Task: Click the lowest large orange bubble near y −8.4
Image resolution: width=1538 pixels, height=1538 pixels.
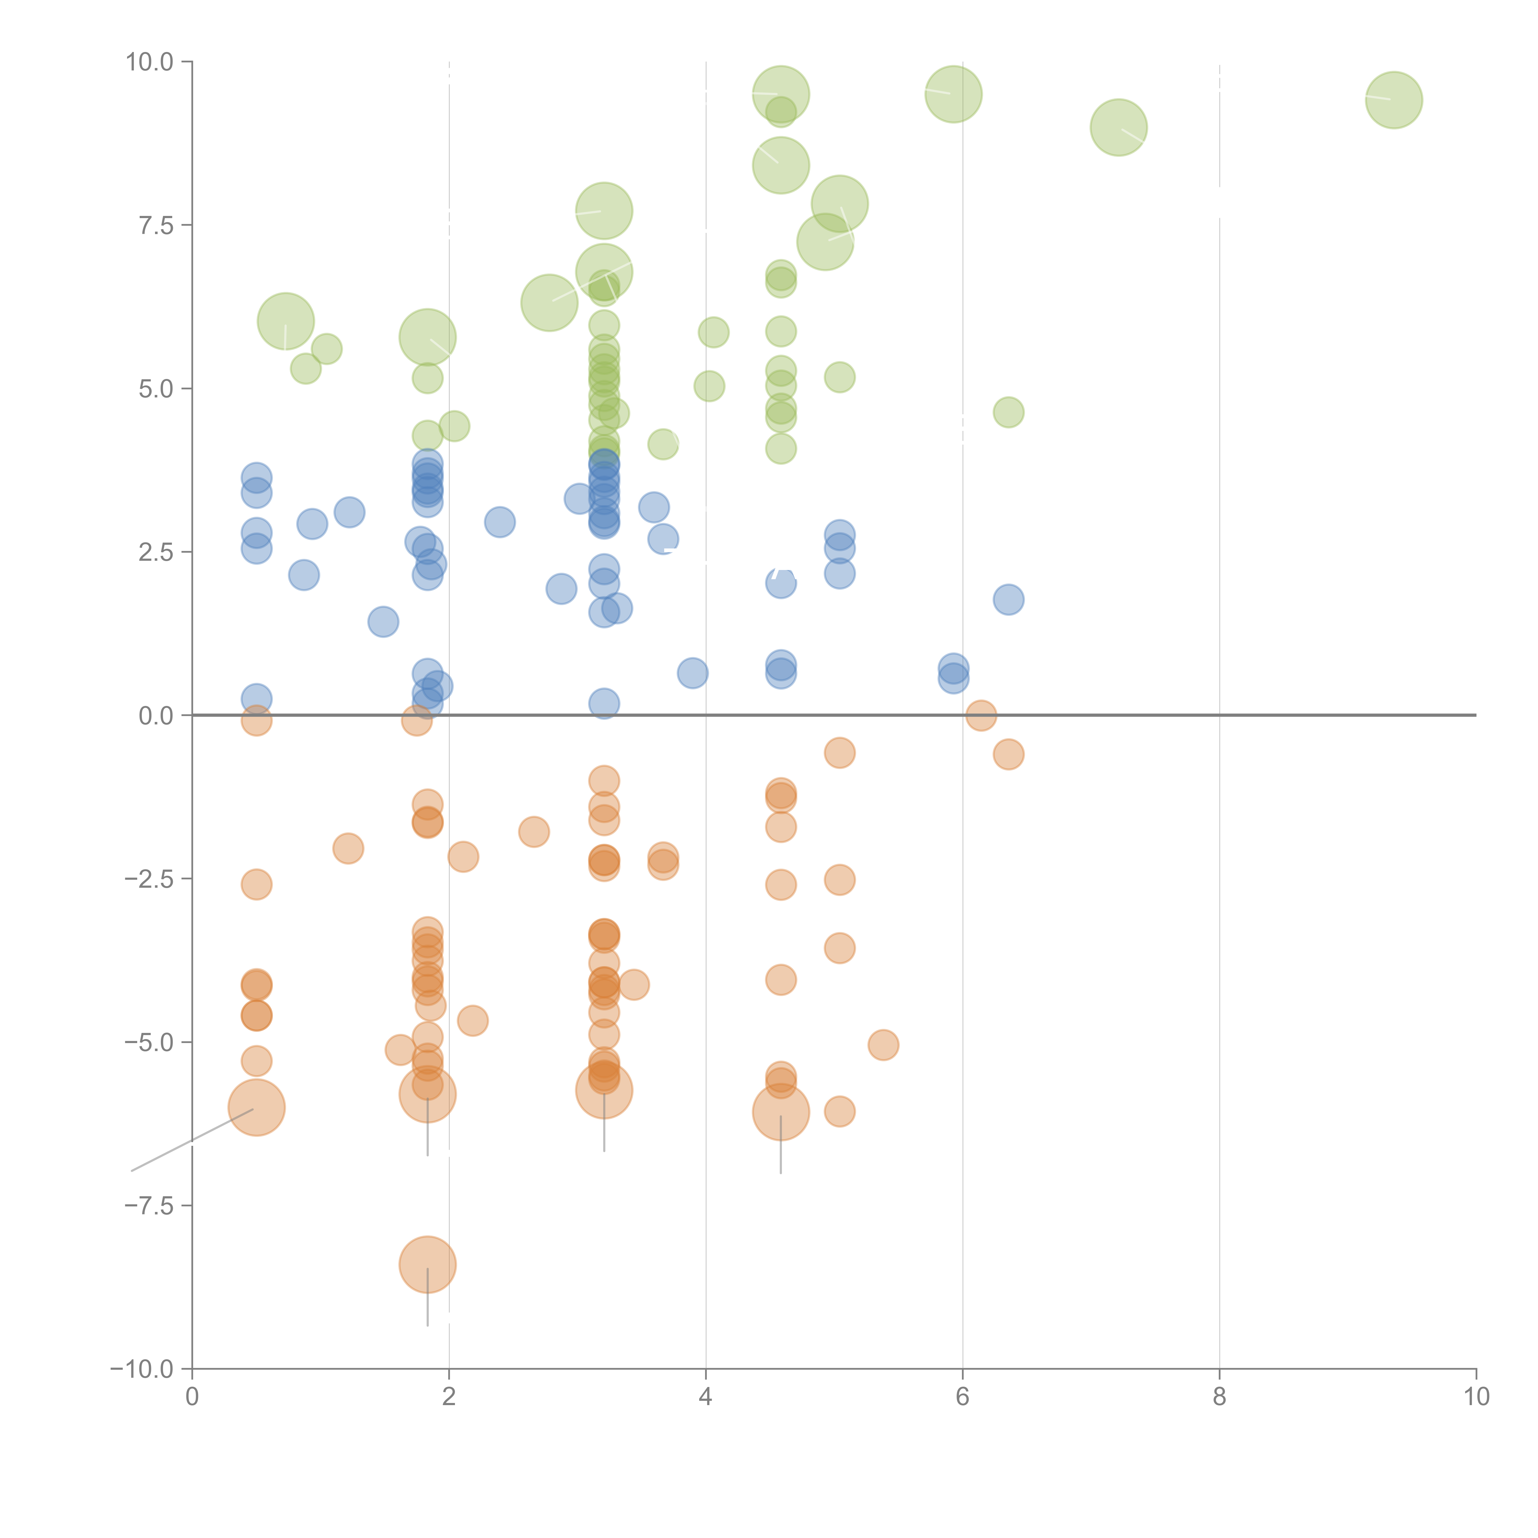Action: pos(428,1264)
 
